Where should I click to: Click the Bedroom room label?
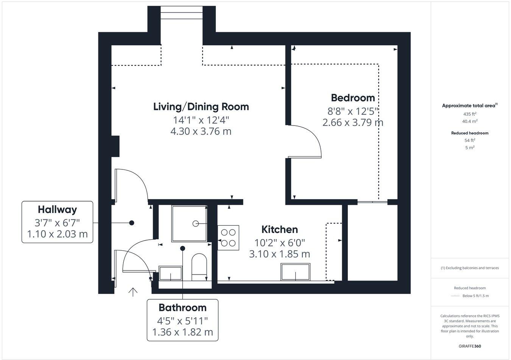(x=353, y=98)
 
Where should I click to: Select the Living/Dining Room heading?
(x=201, y=107)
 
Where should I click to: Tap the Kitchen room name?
(x=280, y=230)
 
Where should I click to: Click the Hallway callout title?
(x=57, y=209)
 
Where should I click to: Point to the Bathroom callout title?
(x=182, y=307)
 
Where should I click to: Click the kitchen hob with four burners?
(x=228, y=238)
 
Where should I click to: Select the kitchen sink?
(x=295, y=272)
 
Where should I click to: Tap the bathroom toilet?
(x=199, y=267)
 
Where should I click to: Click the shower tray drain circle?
(x=196, y=223)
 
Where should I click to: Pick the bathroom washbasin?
(x=170, y=273)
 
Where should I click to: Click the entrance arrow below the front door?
(x=132, y=292)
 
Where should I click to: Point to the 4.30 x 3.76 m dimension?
(x=201, y=132)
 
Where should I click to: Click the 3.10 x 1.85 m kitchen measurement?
(x=279, y=254)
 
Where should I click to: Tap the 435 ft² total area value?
(x=470, y=114)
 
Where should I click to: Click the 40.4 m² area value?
(x=470, y=121)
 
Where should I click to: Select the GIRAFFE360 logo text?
(x=470, y=346)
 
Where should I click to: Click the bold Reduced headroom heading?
(x=470, y=133)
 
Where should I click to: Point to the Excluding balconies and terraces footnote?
(x=470, y=268)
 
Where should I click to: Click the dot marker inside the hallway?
(x=132, y=223)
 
